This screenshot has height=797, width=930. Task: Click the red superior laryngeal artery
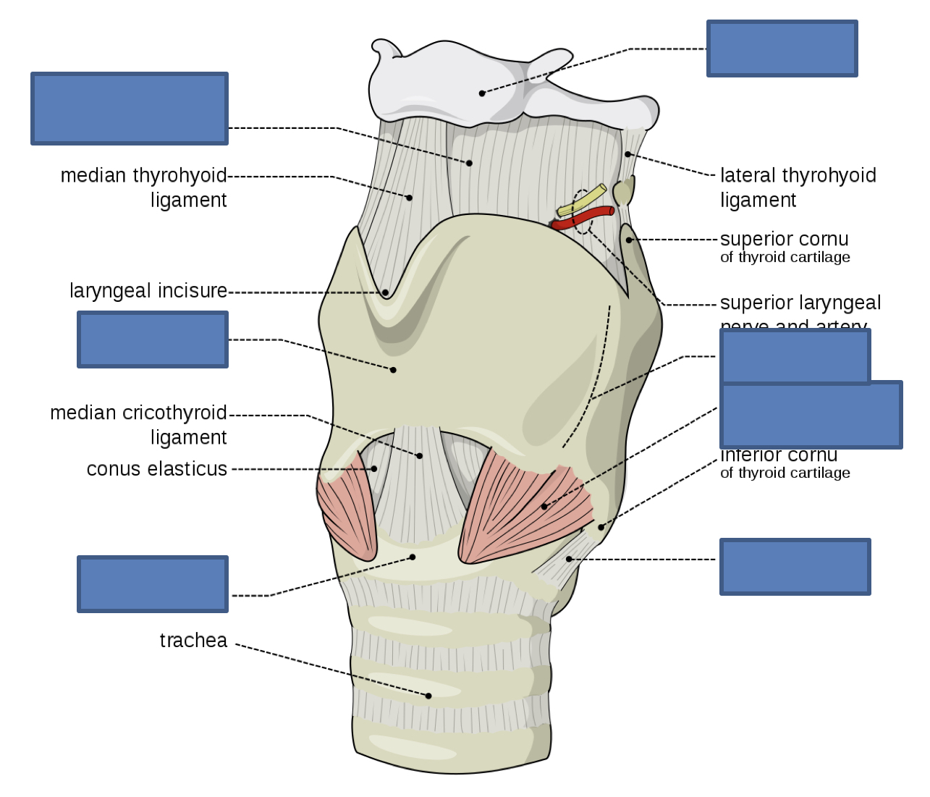tap(583, 217)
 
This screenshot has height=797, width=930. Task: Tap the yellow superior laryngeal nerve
tap(582, 201)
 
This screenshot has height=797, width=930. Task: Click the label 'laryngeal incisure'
tap(148, 291)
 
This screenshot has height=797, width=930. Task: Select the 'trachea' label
tap(193, 641)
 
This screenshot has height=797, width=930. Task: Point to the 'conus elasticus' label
tap(156, 469)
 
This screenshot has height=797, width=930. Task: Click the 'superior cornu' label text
tap(785, 240)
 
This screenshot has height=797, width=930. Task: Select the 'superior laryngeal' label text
tap(800, 303)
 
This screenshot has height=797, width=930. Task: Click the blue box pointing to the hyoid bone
tap(782, 49)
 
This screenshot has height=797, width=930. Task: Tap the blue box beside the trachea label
tap(153, 584)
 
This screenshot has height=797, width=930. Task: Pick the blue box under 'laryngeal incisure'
tap(153, 340)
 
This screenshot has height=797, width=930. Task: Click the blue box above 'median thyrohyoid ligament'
tap(130, 109)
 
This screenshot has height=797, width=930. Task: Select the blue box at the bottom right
tap(795, 567)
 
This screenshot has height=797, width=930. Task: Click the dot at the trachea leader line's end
tap(428, 696)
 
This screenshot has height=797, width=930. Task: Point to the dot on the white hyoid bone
tap(482, 93)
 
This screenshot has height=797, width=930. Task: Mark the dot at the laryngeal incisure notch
tap(386, 292)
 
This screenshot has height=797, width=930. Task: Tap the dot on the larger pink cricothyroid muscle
tap(544, 507)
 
